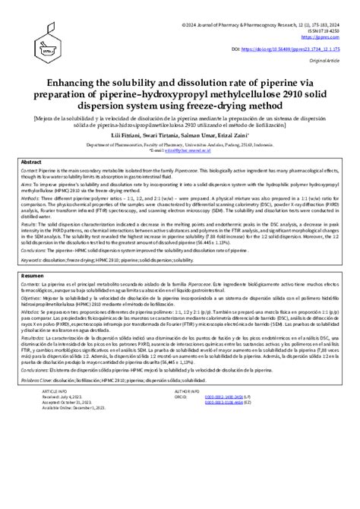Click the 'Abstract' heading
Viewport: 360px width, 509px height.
pyautogui.click(x=31, y=163)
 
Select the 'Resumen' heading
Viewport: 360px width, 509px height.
pyautogui.click(x=33, y=275)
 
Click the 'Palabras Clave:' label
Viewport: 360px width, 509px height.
pyautogui.click(x=38, y=378)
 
